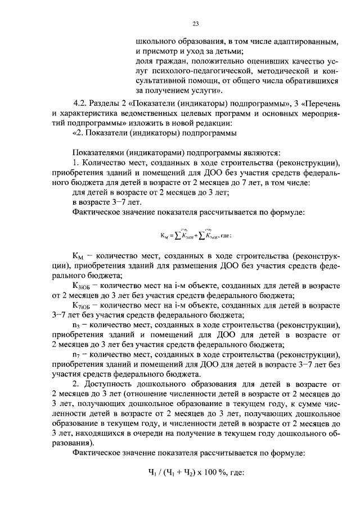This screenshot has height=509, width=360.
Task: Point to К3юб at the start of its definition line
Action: click(83, 286)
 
